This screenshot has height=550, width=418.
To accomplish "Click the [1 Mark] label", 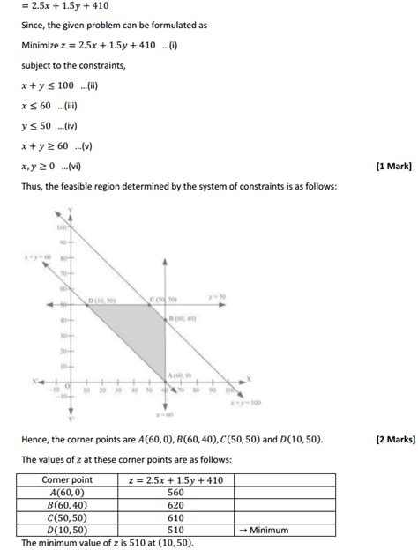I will [392, 166].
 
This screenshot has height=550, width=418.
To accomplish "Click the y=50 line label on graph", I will [217, 297].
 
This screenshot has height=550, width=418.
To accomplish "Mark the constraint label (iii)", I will [69, 105].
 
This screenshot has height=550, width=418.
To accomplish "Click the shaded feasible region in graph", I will [141, 339].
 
